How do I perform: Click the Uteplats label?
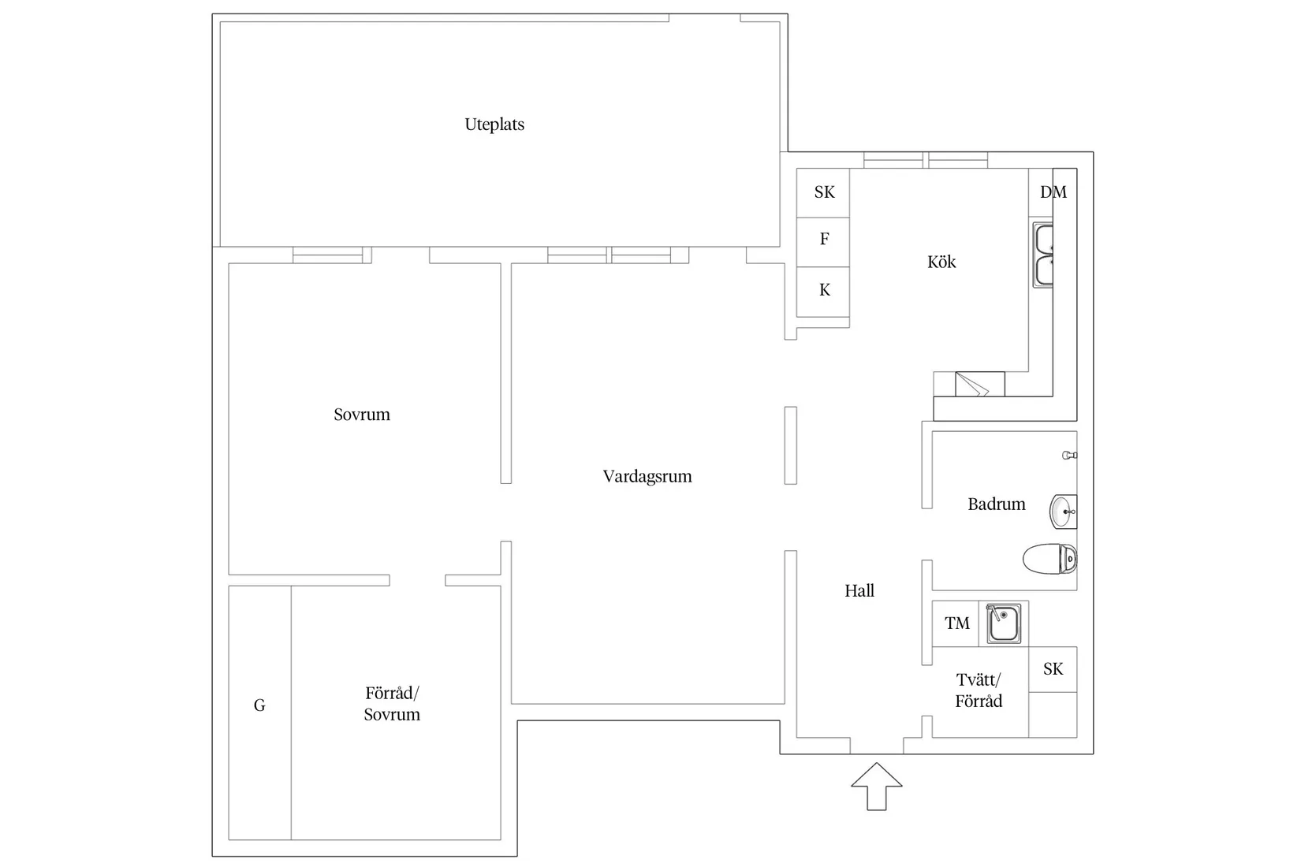pos(494,125)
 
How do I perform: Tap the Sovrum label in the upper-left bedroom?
pos(362,414)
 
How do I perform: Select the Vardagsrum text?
pos(647,476)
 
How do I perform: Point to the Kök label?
pos(941,262)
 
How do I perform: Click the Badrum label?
pos(997,504)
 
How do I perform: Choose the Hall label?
pos(859,590)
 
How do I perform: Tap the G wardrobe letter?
pos(259,705)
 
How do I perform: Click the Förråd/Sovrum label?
pos(392,703)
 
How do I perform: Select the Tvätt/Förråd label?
pos(979,690)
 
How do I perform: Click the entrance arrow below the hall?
pos(877,787)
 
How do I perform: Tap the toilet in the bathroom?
pos(1049,559)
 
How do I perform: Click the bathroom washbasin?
pos(1063,512)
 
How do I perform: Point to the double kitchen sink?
pos(1042,255)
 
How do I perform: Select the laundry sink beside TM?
pos(1003,623)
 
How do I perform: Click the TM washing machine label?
pos(957,623)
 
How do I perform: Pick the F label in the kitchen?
pos(824,239)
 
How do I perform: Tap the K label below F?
pos(825,290)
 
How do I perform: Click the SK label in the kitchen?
pos(824,192)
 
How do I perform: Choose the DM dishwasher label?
pos(1053,192)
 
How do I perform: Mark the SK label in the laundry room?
pos(1053,668)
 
